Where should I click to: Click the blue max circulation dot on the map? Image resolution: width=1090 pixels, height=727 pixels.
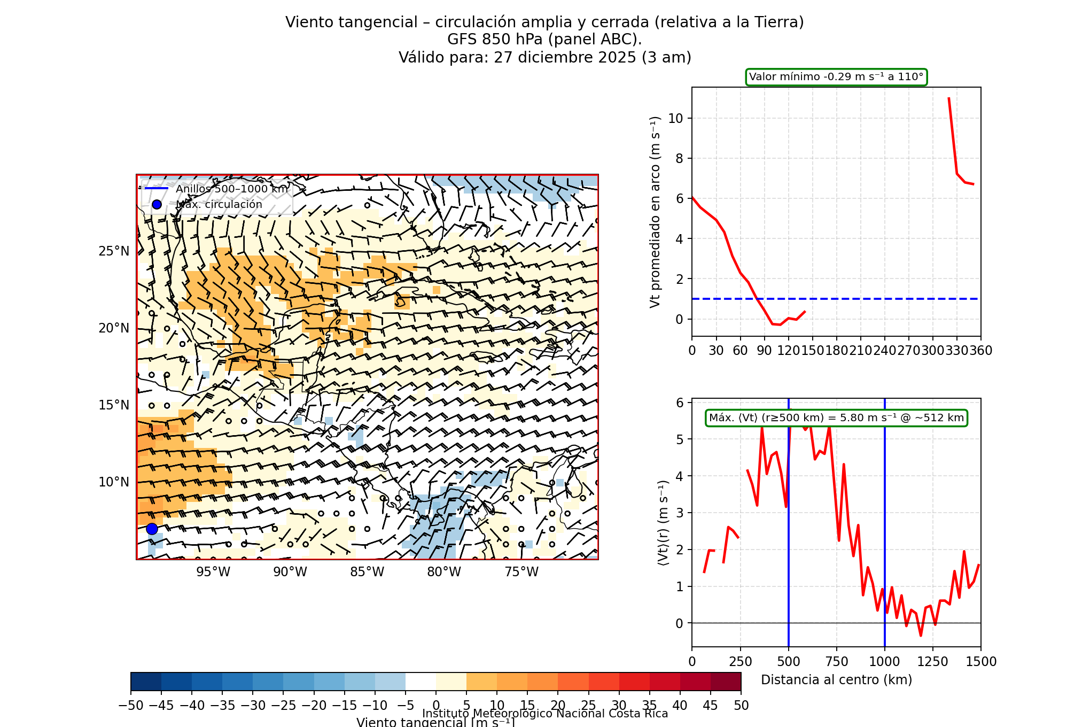point(152,529)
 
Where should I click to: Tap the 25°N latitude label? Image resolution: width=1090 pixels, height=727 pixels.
point(114,251)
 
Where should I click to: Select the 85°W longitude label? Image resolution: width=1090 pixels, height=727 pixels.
point(367,572)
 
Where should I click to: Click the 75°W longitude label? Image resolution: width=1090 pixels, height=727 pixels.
point(521,572)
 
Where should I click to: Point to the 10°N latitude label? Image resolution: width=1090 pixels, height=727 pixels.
point(114,482)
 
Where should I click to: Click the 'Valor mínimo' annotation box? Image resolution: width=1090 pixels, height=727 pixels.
point(836,77)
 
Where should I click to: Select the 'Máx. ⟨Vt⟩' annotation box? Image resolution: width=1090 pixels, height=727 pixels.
point(836,418)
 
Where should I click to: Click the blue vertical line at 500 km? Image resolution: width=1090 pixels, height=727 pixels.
point(789,535)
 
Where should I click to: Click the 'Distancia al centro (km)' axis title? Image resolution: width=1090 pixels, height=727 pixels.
point(836,680)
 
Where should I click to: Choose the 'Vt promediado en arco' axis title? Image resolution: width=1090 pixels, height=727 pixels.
point(655,212)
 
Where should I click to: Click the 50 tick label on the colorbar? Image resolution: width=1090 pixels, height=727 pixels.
point(741,706)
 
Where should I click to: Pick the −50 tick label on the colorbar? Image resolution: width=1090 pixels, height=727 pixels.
point(131,706)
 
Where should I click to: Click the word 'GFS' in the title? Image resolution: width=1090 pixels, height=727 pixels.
point(463,40)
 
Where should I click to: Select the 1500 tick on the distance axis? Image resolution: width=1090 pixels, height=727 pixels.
point(981,662)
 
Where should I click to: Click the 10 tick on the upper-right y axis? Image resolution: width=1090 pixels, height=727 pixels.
point(676,118)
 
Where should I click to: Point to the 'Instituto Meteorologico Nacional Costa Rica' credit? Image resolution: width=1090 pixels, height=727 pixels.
point(545,714)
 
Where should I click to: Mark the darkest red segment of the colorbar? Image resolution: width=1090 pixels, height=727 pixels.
point(726,682)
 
